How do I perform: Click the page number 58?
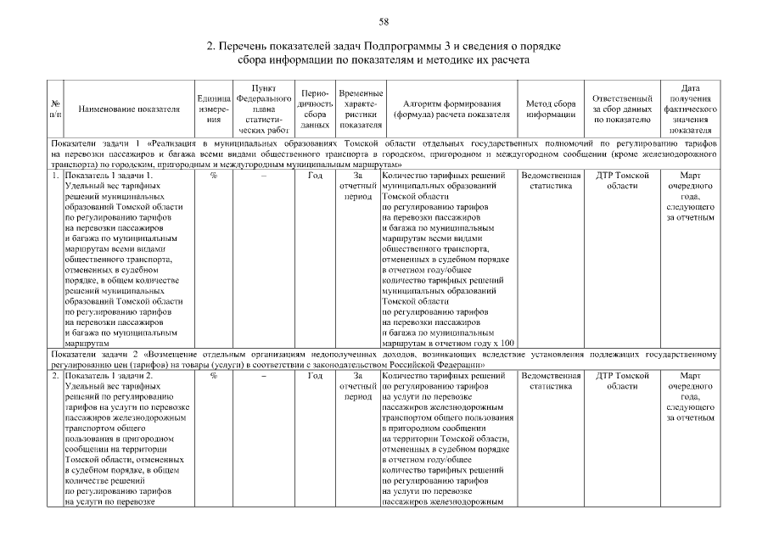click(x=384, y=20)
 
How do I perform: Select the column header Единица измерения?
click(x=213, y=109)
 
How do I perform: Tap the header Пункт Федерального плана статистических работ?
click(x=263, y=109)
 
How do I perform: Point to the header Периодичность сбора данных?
click(x=315, y=109)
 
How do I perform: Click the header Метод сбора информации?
click(x=551, y=109)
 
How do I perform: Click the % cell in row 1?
click(x=213, y=176)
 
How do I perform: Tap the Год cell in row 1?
click(x=315, y=176)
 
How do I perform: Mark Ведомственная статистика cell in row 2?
click(x=551, y=381)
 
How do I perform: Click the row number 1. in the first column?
click(x=55, y=176)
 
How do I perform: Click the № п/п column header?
click(x=55, y=109)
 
